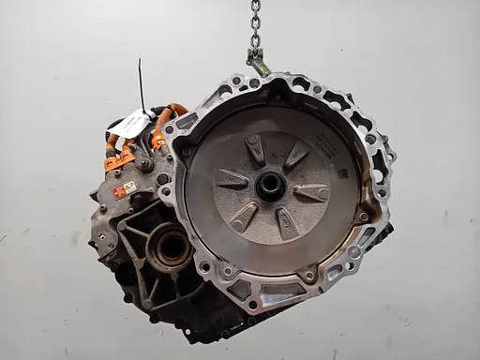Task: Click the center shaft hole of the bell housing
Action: coord(271,184)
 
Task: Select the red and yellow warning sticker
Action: coord(125,189)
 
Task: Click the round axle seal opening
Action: coord(172,247)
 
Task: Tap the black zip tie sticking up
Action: coord(142,84)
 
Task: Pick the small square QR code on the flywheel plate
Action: coord(341,173)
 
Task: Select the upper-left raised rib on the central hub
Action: coord(254,149)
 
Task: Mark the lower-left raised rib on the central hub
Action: coord(244,215)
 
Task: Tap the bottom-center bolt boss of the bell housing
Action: coord(308,277)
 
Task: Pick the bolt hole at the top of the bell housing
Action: coord(254,83)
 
